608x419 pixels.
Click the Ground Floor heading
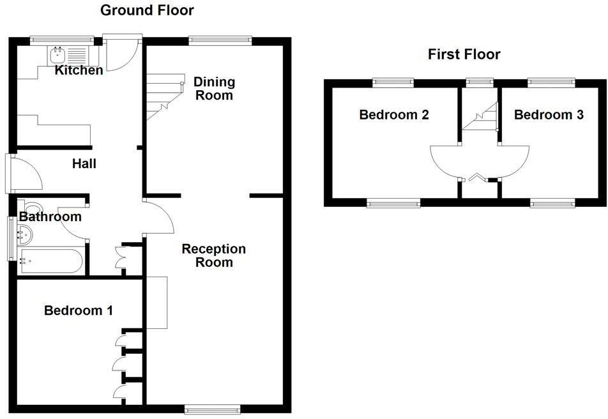(x=147, y=10)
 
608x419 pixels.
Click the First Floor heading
(x=464, y=54)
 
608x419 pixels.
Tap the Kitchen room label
(x=79, y=70)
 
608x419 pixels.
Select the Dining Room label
(x=214, y=89)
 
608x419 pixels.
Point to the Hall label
(x=84, y=164)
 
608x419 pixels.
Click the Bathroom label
(x=50, y=217)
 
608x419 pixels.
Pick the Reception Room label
(x=213, y=255)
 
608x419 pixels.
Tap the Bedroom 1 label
(x=79, y=311)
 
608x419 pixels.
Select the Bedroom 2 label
(x=393, y=115)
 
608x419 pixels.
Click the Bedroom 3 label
(x=549, y=115)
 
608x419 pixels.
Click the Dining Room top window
(x=220, y=40)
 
